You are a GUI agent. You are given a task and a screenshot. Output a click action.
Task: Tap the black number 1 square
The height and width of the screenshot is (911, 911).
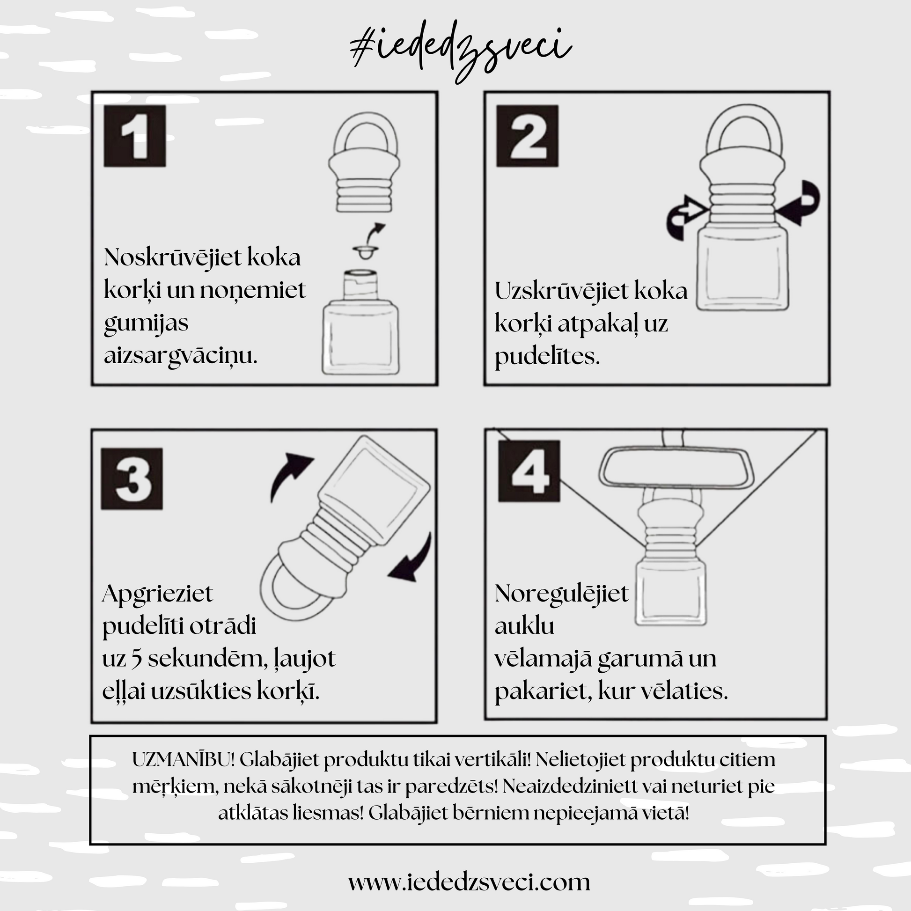tap(135, 136)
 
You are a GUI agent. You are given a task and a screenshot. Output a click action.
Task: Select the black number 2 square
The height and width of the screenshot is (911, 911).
tap(527, 136)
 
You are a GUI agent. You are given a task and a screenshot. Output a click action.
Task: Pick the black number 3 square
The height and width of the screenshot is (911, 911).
tap(132, 478)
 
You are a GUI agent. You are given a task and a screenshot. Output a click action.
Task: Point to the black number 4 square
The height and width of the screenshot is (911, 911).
tap(529, 471)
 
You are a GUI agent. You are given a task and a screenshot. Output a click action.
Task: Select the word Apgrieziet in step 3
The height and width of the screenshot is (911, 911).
tap(157, 594)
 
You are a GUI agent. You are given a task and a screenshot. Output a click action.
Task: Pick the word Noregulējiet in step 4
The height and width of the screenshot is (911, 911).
tap(561, 594)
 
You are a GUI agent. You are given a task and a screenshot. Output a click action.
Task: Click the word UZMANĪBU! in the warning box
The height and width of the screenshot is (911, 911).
tap(183, 760)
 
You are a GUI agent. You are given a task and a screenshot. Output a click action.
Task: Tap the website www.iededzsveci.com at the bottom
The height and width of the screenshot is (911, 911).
tap(469, 882)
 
